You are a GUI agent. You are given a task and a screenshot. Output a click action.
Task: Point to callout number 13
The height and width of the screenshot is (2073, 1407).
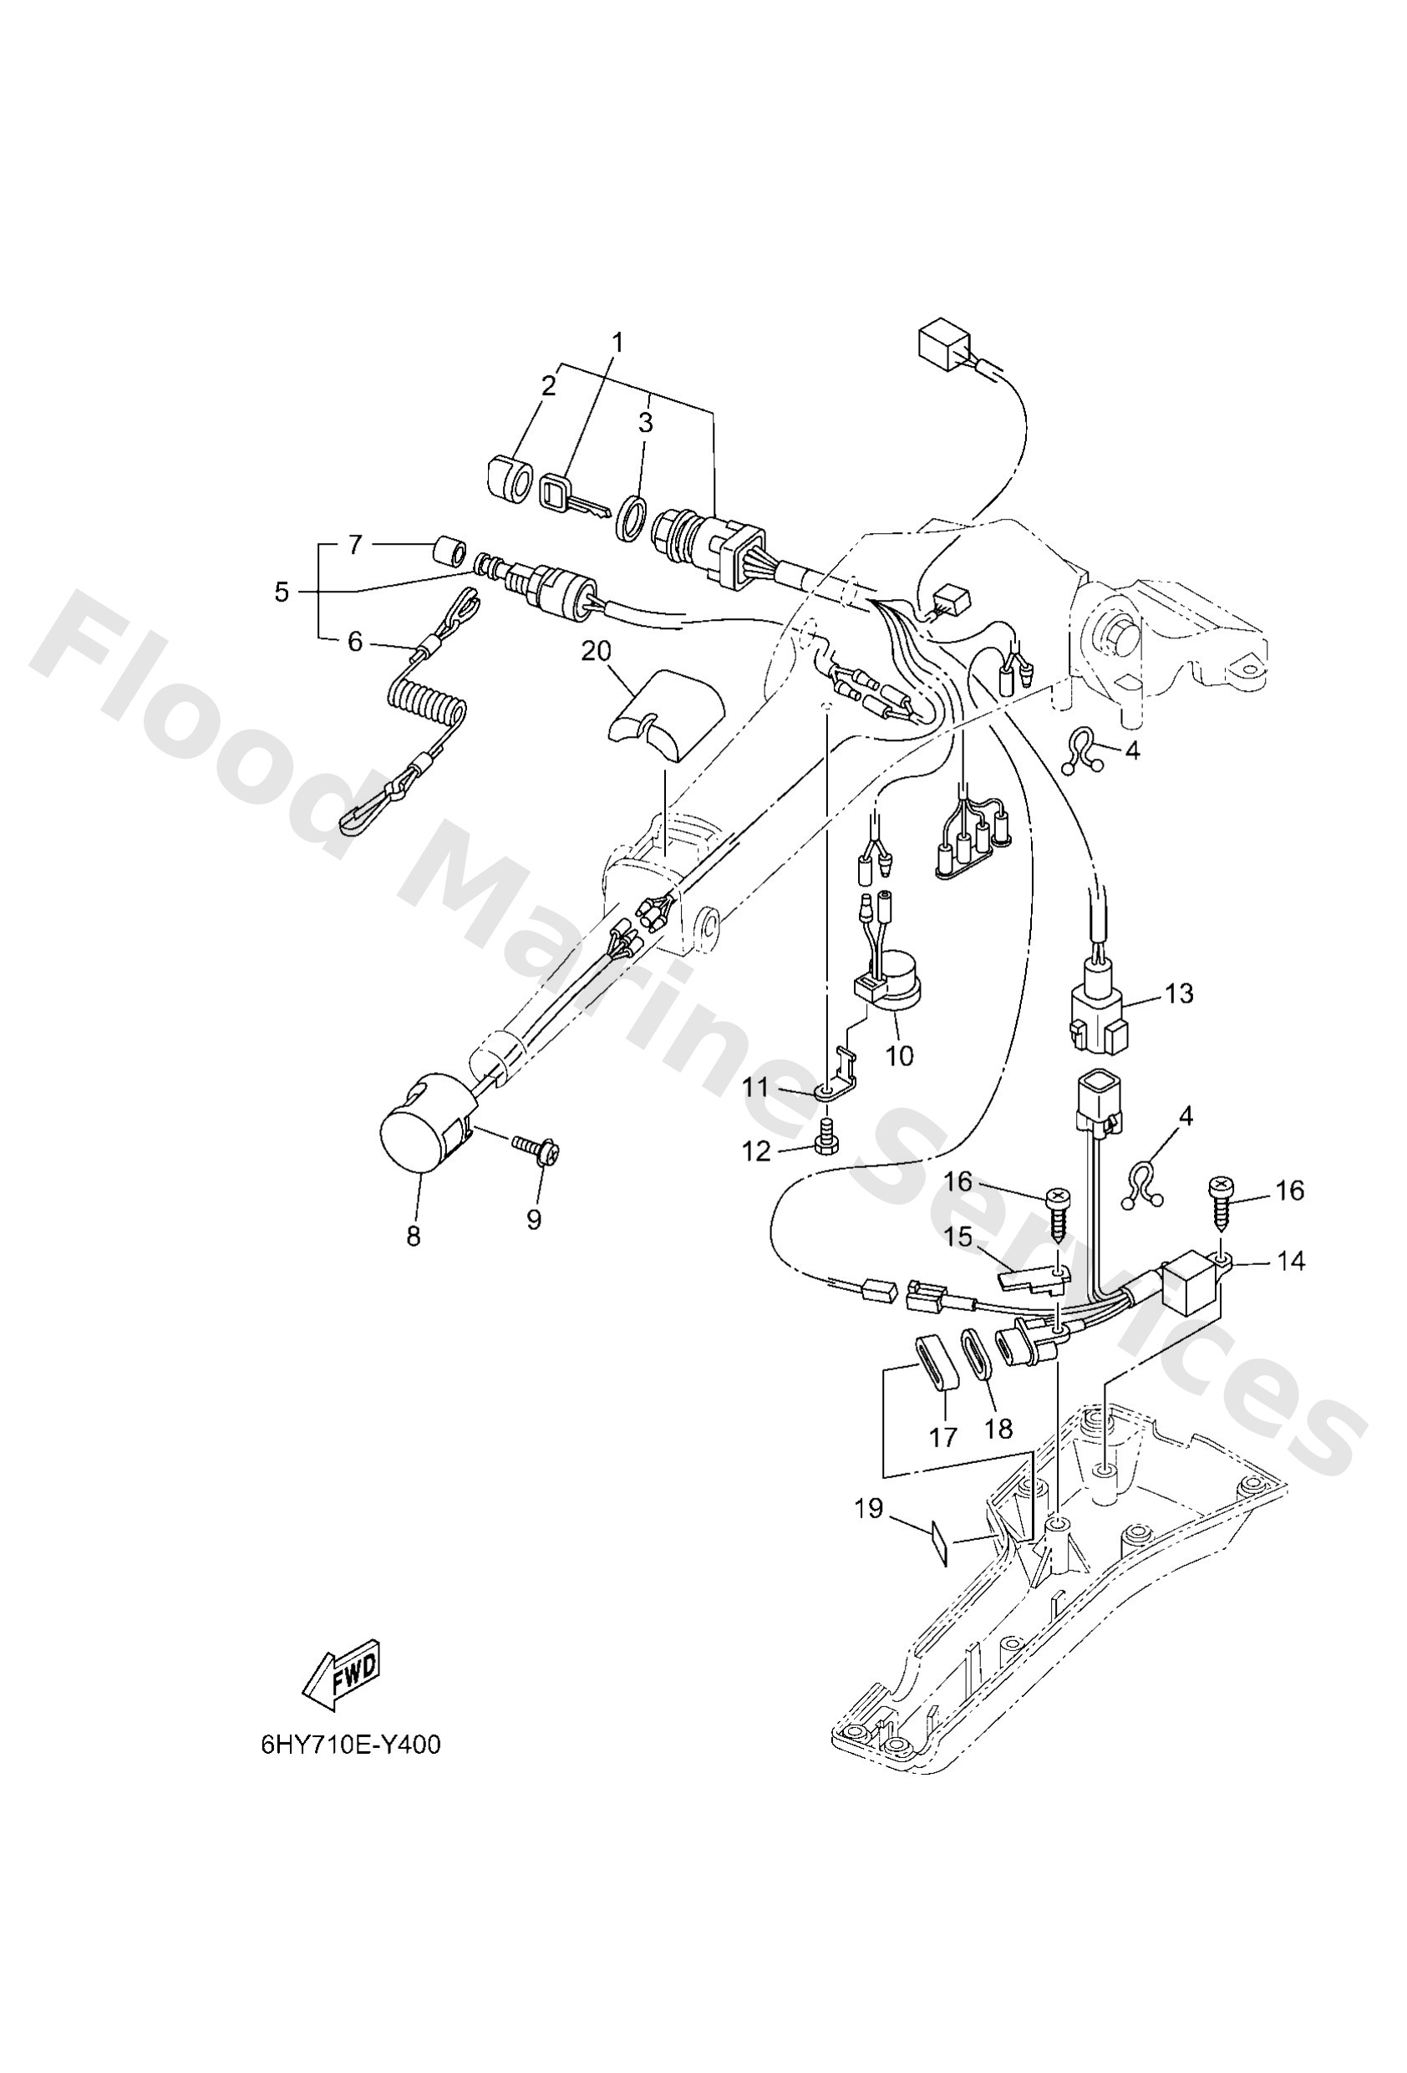point(1179,993)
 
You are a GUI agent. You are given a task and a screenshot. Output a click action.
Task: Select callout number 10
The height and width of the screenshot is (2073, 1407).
point(899,1055)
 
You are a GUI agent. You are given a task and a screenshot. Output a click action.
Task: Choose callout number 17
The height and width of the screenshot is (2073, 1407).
point(943,1436)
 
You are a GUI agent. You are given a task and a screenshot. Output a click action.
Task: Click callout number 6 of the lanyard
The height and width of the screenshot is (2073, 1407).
point(354,641)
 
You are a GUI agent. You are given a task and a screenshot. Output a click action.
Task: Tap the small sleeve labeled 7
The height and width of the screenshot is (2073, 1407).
point(450,552)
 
